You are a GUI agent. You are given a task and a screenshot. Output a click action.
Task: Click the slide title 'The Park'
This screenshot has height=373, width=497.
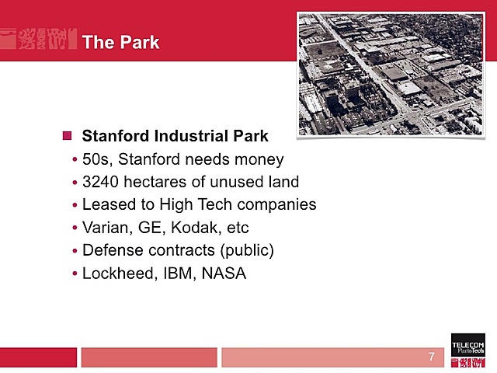point(120,42)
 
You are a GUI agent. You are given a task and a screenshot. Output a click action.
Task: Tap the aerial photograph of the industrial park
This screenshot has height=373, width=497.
point(390,75)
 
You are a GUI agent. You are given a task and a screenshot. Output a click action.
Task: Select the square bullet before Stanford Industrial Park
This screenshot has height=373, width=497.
point(67,136)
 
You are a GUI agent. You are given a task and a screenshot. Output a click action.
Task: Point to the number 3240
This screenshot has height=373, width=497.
point(100,182)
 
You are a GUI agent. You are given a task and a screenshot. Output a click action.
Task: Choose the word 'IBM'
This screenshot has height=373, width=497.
point(175,274)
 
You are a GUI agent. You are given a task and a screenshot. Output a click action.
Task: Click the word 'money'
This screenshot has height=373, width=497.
point(260,159)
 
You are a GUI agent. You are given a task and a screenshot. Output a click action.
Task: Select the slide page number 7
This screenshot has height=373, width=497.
point(432,357)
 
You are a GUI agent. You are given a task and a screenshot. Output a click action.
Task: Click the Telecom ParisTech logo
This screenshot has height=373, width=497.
point(467,348)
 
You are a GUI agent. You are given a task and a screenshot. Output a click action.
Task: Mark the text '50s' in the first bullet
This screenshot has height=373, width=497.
point(96,159)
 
